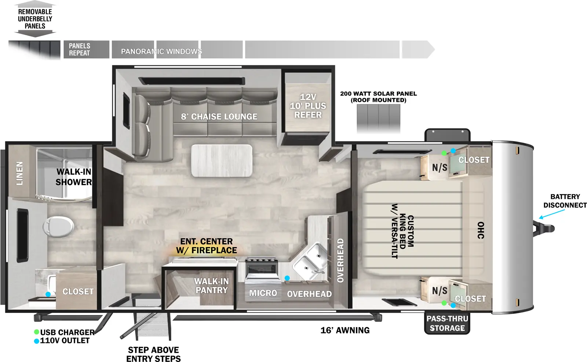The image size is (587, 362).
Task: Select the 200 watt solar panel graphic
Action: point(378,118)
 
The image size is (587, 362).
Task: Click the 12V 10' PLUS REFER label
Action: point(308,106)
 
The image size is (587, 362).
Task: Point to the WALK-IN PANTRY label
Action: point(211,286)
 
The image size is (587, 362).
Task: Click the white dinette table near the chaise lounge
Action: point(222,160)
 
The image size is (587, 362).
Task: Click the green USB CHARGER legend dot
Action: point(36,332)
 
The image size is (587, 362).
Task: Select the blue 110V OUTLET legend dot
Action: point(36,341)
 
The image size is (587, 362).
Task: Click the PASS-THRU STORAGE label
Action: point(447,324)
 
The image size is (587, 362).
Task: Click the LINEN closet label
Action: point(20,173)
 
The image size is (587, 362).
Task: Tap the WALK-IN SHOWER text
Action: point(74,177)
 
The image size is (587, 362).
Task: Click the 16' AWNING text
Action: point(345,330)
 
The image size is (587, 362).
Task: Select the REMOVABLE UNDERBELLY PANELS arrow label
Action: point(35,19)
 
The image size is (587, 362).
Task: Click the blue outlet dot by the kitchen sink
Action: point(287,278)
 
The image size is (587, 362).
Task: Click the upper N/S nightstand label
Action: point(439,167)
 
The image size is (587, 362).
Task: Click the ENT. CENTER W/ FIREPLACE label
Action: point(207,246)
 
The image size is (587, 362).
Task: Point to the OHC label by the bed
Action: point(480,230)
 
